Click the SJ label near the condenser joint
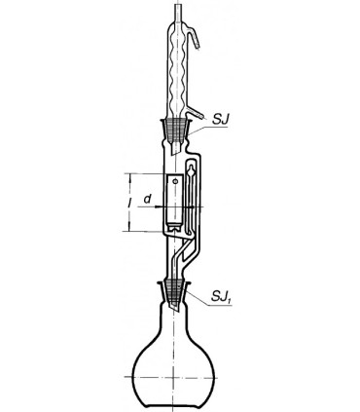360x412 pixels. (x=221, y=119)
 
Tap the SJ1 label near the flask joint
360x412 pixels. (x=222, y=296)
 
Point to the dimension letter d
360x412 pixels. (x=148, y=199)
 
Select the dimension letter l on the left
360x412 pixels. (x=129, y=204)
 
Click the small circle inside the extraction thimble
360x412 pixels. (x=176, y=181)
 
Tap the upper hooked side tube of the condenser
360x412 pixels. (x=194, y=36)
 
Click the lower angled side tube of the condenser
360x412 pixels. (x=196, y=112)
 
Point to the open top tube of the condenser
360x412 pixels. (x=178, y=13)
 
